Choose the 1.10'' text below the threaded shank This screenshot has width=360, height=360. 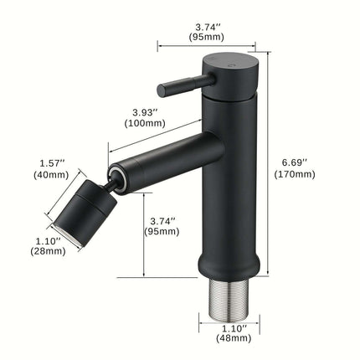click(x=229, y=329)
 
